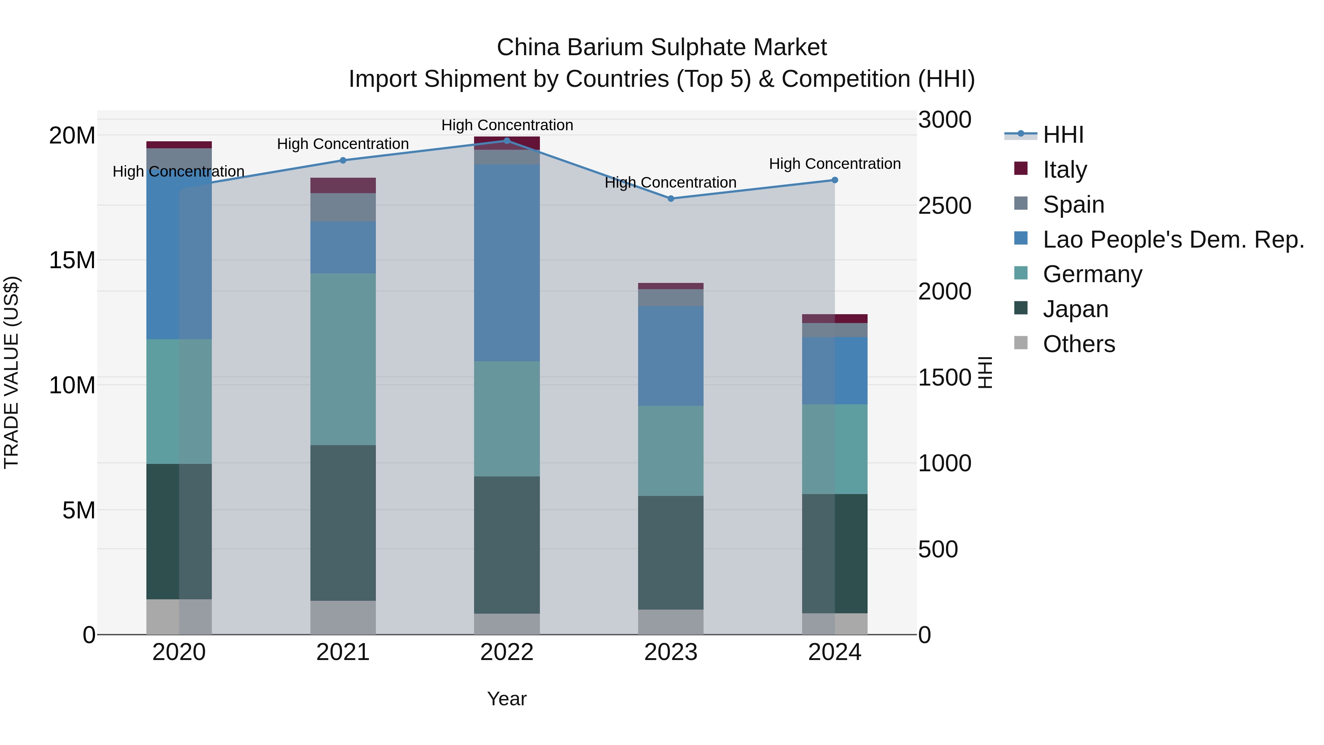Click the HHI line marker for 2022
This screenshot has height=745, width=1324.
[x=507, y=141]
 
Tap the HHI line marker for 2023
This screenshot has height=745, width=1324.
[x=671, y=198]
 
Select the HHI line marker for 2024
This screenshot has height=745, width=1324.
[x=835, y=180]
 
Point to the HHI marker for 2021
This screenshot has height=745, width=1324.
[x=344, y=160]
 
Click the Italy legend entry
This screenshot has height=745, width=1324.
[x=1064, y=169]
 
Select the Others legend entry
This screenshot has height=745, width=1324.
[x=1078, y=344]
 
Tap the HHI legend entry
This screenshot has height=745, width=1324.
[x=1063, y=135]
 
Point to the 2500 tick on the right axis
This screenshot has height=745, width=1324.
[x=945, y=206]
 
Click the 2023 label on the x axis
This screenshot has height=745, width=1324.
[x=671, y=652]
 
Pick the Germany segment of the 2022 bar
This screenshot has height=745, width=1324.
[x=507, y=419]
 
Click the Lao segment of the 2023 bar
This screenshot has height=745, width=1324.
[x=671, y=356]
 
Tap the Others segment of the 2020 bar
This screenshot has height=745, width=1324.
[x=179, y=617]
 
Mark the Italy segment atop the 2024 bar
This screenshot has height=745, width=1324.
[x=835, y=318]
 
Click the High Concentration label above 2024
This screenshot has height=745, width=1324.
[x=835, y=164]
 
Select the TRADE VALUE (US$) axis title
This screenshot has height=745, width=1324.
[x=11, y=372]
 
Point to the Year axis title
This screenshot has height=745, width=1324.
[x=507, y=699]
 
